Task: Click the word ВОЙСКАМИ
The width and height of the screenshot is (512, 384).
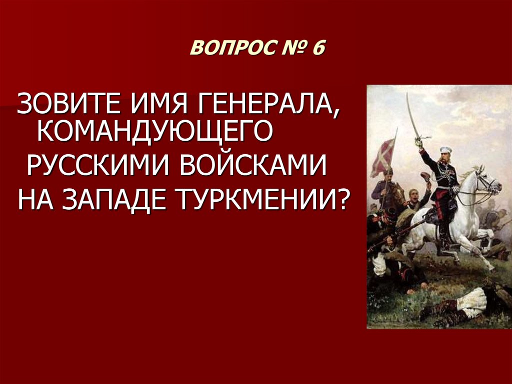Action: point(252,165)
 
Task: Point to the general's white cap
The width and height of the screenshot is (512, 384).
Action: point(445,150)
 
